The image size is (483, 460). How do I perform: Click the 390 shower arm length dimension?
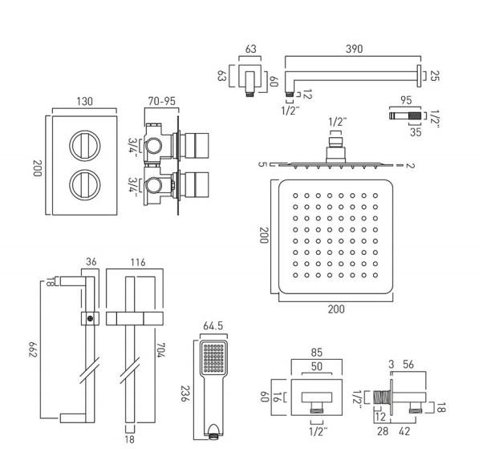point(354,49)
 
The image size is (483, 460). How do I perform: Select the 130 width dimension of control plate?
point(85,102)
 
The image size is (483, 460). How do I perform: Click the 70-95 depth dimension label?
point(164,102)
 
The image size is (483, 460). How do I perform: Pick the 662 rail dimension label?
point(33,349)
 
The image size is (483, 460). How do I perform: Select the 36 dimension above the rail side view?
point(91,261)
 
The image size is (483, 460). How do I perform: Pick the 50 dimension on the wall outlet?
point(317,365)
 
